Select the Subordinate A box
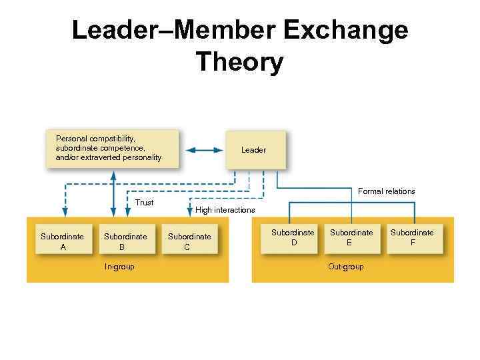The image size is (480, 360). pyautogui.click(x=63, y=241)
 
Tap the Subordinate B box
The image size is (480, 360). pyautogui.click(x=125, y=241)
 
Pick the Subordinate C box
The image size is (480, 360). pyautogui.click(x=189, y=241)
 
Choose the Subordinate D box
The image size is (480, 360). pyautogui.click(x=293, y=238)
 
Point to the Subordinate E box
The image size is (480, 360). pyautogui.click(x=351, y=238)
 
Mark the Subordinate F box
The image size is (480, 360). pyautogui.click(x=412, y=238)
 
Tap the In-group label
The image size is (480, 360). pyautogui.click(x=119, y=267)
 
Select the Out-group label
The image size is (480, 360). pyautogui.click(x=346, y=267)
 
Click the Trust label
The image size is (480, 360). pyautogui.click(x=144, y=203)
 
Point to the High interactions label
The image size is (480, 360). pyautogui.click(x=225, y=210)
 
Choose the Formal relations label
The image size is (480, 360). pyautogui.click(x=386, y=191)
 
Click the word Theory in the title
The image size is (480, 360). pyautogui.click(x=240, y=63)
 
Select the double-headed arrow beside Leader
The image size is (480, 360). pyautogui.click(x=203, y=150)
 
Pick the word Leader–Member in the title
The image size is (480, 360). pyautogui.click(x=176, y=31)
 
